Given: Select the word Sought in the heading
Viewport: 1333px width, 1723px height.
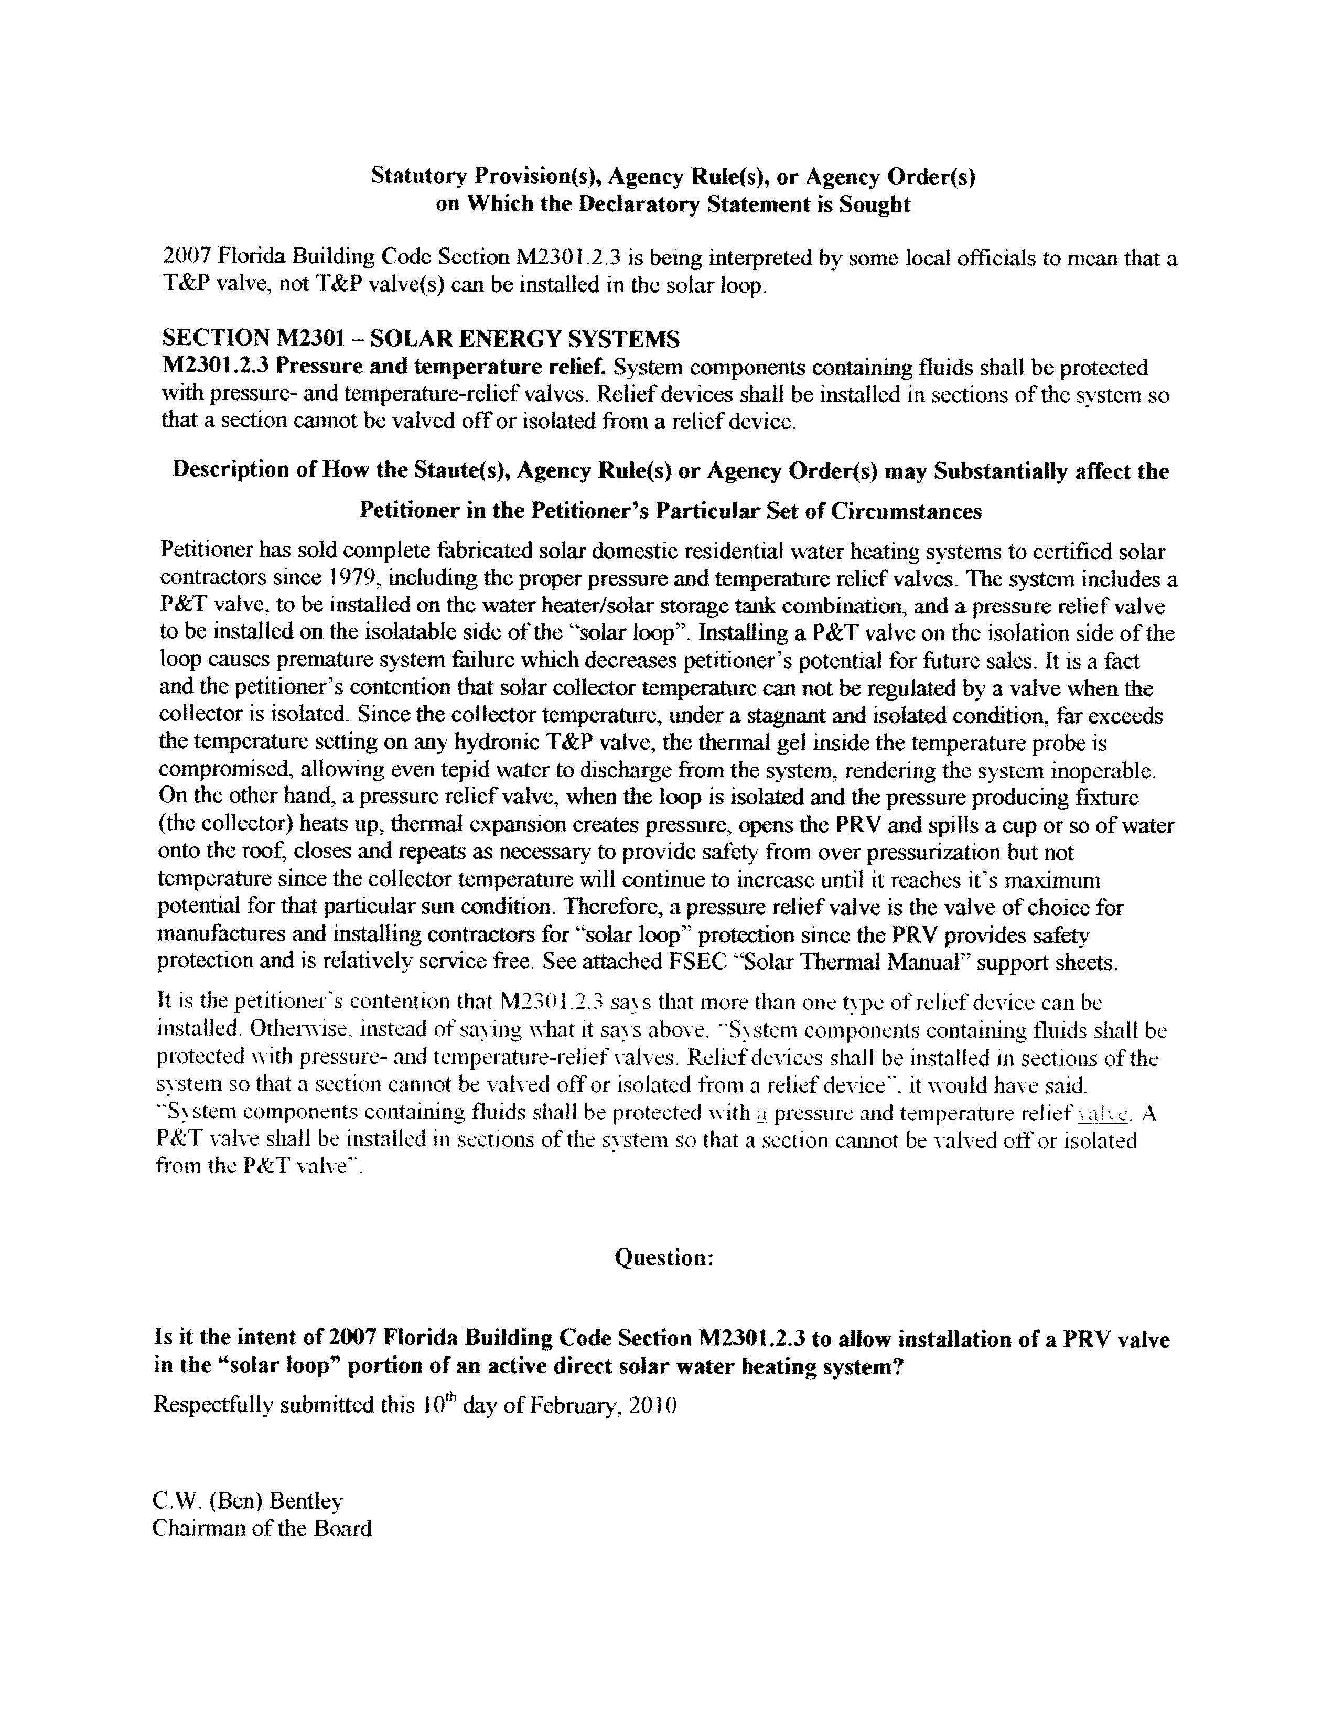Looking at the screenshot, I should (873, 204).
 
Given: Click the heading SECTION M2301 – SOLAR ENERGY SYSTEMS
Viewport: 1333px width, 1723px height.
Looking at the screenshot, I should (421, 339).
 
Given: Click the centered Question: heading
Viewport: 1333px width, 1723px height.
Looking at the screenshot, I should (664, 1257).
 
